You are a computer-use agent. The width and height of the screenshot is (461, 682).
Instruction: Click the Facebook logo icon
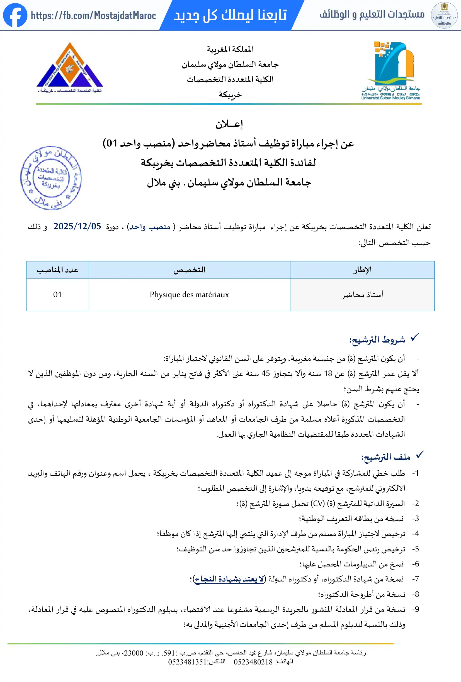[x=15, y=15]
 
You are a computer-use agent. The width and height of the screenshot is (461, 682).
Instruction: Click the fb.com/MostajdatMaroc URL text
[x=93, y=16]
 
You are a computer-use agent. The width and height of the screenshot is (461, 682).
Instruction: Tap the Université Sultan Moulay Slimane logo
[x=390, y=70]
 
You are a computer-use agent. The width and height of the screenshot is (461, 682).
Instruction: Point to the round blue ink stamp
[x=51, y=178]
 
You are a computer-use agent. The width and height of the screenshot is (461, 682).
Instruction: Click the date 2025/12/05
[x=77, y=226]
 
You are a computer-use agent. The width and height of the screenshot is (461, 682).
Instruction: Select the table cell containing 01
[x=57, y=295]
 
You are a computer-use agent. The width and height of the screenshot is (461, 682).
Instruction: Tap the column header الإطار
[x=362, y=270]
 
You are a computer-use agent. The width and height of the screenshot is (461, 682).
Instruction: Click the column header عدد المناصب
[x=57, y=270]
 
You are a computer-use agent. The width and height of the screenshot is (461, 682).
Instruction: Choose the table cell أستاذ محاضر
[x=362, y=295]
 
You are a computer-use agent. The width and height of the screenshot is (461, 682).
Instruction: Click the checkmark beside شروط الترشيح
[x=414, y=338]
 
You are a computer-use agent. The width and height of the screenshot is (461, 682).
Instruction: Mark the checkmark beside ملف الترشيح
[x=420, y=455]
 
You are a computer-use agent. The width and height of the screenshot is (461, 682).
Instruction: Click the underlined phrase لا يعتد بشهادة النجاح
[x=229, y=579]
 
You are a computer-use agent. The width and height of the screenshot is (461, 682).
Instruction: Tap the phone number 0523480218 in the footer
[x=253, y=662]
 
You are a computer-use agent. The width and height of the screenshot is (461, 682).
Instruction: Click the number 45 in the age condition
[x=265, y=373]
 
